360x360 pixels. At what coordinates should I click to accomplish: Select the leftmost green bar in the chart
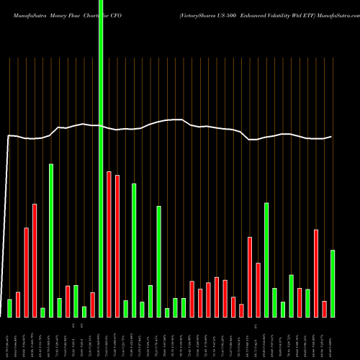(10, 307)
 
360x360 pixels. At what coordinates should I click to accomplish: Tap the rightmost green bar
(333, 283)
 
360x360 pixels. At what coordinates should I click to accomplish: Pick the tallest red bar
(109, 244)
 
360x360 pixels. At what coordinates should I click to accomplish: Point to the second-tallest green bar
(51, 240)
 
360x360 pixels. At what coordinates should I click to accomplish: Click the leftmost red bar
(18, 304)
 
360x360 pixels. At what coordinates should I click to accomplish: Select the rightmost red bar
(325, 308)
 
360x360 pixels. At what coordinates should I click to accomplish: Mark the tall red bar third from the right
(316, 273)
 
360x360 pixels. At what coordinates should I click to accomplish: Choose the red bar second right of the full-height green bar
(117, 246)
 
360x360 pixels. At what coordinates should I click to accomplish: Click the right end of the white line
(331, 136)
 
